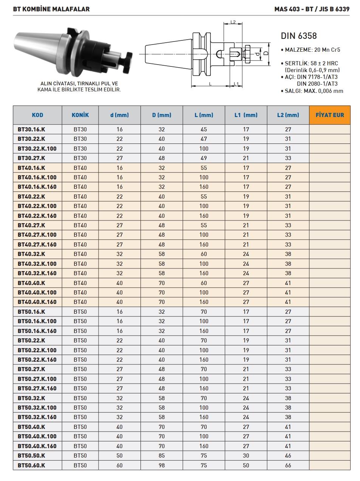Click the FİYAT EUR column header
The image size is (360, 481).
tap(329, 115)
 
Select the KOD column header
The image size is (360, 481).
tap(37, 115)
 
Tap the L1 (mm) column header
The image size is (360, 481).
tap(246, 115)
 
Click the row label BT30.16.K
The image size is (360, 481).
tap(31, 129)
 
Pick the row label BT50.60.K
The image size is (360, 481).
tap(31, 465)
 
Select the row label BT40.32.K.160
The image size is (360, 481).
tap(37, 273)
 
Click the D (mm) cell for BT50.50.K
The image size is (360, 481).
tap(162, 455)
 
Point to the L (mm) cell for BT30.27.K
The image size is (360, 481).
tap(204, 158)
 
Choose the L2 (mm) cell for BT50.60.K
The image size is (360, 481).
tap(288, 465)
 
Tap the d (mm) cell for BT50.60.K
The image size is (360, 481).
tap(119, 465)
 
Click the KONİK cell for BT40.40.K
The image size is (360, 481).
tap(80, 283)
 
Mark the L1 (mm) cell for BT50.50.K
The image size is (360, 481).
tap(246, 455)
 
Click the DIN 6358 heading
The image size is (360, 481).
tap(298, 36)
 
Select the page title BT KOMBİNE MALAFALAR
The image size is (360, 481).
tap(51, 9)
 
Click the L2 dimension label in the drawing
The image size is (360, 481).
tap(233, 22)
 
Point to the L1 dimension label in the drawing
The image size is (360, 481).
tap(236, 83)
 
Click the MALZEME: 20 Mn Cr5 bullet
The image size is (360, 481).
tap(311, 49)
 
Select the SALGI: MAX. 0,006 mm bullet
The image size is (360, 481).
tap(312, 91)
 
